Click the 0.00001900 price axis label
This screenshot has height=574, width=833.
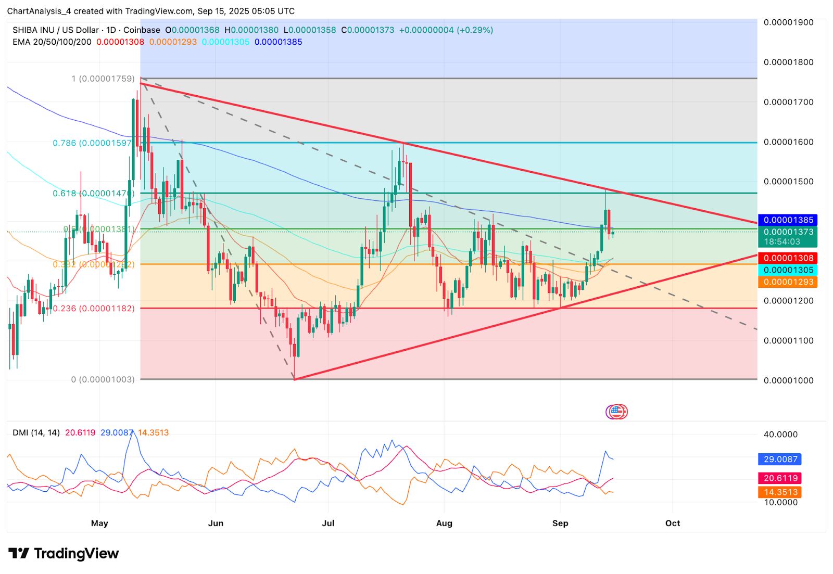click(788, 22)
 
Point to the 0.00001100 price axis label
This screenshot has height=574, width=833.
click(788, 341)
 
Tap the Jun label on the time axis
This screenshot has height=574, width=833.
click(216, 523)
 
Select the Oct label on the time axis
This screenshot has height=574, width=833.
click(673, 523)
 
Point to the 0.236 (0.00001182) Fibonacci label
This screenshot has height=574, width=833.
click(94, 309)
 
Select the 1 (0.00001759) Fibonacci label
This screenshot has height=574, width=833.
click(103, 79)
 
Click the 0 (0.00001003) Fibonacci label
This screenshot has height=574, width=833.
click(103, 380)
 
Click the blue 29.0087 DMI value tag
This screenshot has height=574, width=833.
click(780, 460)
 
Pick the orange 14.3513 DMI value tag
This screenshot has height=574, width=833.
click(780, 492)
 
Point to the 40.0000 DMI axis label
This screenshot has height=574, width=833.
click(780, 435)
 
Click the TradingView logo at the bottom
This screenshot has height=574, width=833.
click(64, 554)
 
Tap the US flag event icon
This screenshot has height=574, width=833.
click(616, 412)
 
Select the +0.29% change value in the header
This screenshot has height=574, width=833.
click(474, 30)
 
